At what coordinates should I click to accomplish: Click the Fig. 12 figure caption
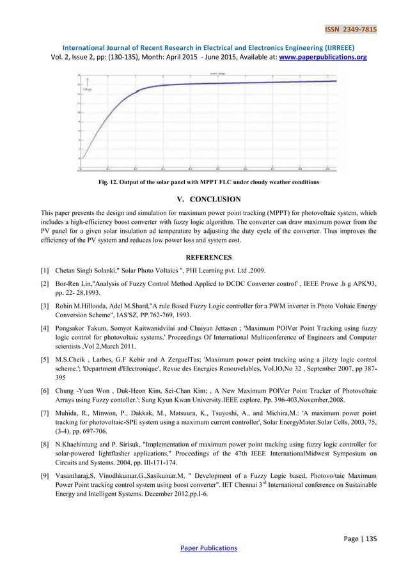203,182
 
